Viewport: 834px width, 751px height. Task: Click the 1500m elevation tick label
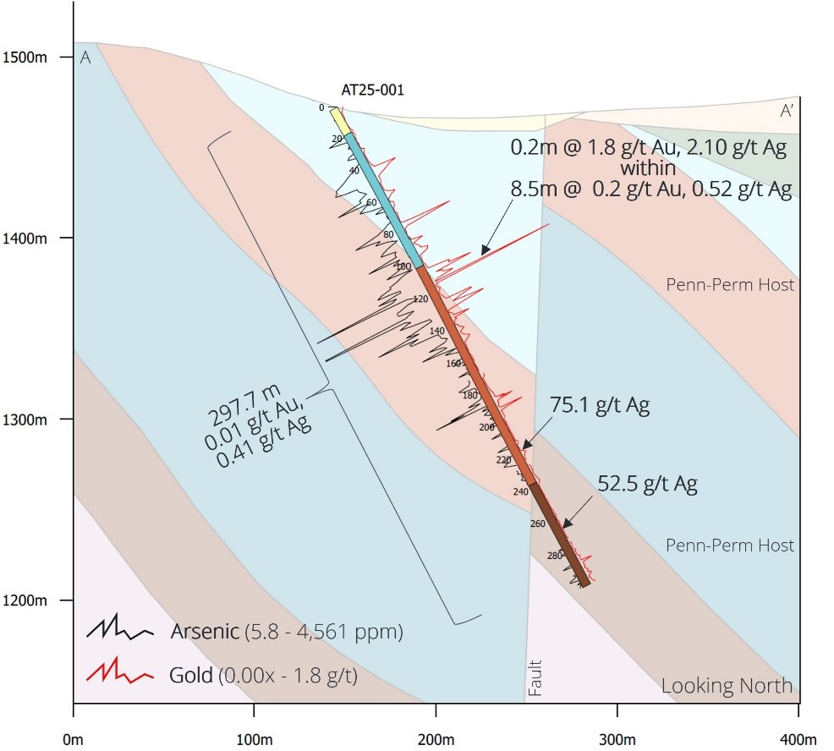[28, 58]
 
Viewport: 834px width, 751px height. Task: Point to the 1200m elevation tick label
[28, 601]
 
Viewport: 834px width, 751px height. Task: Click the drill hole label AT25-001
[372, 89]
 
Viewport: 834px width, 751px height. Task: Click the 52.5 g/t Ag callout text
[647, 485]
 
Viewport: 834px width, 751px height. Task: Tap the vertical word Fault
[535, 678]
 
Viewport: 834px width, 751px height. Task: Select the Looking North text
[727, 685]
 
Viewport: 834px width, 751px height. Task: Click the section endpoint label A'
[786, 111]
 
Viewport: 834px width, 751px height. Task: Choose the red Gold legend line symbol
[119, 674]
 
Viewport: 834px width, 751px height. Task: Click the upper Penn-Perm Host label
[731, 285]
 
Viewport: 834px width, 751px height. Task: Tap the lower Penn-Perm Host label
[731, 545]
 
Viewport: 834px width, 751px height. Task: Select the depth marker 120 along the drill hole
[420, 299]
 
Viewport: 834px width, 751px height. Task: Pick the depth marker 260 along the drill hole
[538, 524]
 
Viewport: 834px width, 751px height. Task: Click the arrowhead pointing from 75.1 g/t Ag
[524, 445]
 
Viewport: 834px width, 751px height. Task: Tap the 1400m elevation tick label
[28, 238]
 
